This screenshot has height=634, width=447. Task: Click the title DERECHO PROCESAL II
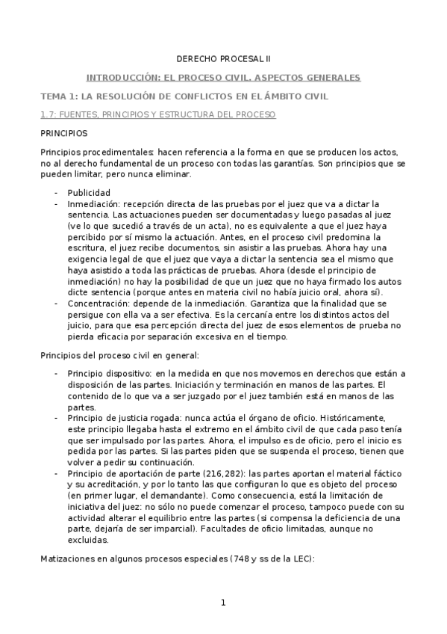tap(223, 58)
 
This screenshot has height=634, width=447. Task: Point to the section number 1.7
tap(48, 115)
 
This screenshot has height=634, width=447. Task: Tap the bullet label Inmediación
tap(92, 203)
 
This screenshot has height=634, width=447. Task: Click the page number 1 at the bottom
tap(223, 603)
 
